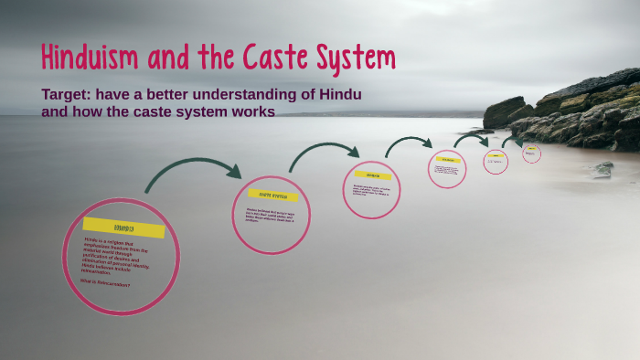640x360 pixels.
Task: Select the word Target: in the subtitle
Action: [70, 94]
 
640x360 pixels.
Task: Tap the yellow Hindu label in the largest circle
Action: [123, 228]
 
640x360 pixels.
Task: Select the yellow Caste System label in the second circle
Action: [272, 195]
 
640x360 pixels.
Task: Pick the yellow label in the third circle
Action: [372, 175]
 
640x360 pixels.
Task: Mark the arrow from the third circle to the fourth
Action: [407, 143]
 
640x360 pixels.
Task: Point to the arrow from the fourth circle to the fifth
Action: [472, 139]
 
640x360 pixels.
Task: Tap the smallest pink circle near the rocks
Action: [531, 154]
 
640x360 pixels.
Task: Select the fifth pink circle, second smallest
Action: [495, 162]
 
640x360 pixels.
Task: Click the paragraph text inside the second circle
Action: [271, 217]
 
